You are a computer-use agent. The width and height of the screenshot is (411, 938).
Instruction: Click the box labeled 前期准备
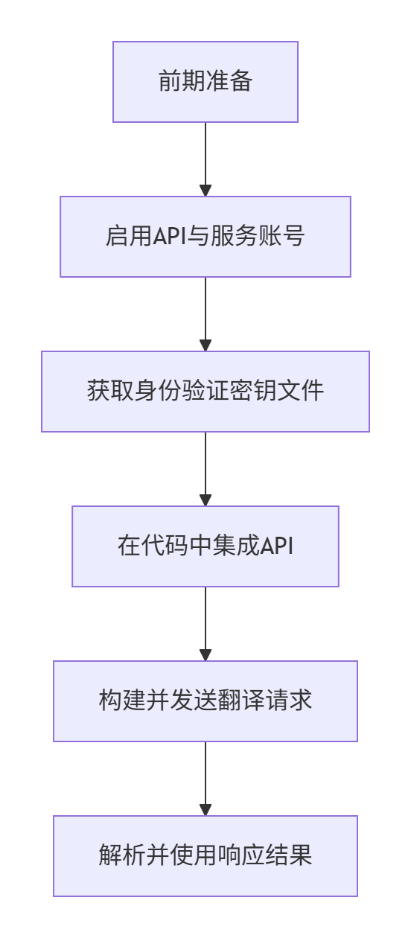coord(205,81)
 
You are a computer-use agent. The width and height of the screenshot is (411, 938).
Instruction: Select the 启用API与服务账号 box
coord(205,237)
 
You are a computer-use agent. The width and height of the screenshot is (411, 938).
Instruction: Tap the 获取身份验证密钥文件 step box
coord(205,392)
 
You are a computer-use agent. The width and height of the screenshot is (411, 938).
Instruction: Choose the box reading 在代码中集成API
coord(205,546)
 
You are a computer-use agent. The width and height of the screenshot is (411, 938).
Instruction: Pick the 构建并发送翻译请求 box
coord(205,701)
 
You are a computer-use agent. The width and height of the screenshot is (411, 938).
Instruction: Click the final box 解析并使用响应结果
coord(205,856)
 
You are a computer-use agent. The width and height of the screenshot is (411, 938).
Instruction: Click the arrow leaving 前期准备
coord(205,159)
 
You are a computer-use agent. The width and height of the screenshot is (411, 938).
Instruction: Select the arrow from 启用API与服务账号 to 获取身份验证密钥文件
coord(205,313)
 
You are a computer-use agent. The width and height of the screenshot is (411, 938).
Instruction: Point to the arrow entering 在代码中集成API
coord(205,468)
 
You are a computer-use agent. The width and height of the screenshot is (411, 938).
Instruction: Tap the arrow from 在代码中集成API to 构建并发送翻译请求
coord(205,623)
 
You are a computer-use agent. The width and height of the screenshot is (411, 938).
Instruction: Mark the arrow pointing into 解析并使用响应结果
coord(205,778)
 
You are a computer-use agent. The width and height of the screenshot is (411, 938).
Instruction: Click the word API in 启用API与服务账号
coord(169,237)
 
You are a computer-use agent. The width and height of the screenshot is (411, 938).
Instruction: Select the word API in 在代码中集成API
coord(278,546)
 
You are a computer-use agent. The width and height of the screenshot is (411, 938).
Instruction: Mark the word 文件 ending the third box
coord(312,392)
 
